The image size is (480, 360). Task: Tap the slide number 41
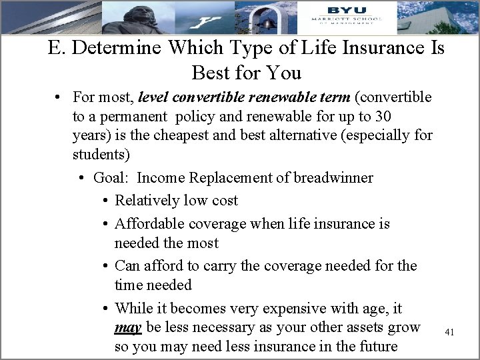[449, 332]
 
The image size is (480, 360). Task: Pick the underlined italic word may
[127, 328]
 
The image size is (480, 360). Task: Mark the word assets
[355, 328]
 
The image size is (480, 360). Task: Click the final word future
[376, 347]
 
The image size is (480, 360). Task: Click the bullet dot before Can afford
[107, 266]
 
